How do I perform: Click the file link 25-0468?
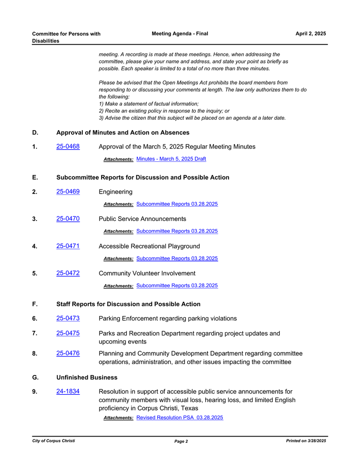(x=68, y=146)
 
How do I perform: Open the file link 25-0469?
(x=68, y=192)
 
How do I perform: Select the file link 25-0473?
(x=68, y=318)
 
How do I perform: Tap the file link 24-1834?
(x=68, y=392)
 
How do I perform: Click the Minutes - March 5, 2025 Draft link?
(x=171, y=159)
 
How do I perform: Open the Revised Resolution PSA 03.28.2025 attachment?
(x=180, y=418)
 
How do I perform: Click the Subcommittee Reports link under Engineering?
(x=177, y=204)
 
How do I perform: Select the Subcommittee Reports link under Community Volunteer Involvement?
(x=177, y=285)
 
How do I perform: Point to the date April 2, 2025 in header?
(x=310, y=34)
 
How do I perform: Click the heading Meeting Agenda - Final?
(x=180, y=34)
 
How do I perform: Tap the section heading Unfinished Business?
(x=87, y=377)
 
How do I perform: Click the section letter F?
(x=35, y=304)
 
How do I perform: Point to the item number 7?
(x=35, y=334)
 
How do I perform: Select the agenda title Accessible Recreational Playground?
(x=149, y=246)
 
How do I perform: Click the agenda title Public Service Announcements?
(x=142, y=219)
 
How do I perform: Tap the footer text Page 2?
(x=181, y=442)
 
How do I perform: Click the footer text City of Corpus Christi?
(x=54, y=441)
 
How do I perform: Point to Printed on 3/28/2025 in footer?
(x=306, y=441)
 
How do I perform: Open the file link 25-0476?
(x=68, y=353)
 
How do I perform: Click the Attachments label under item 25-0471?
(x=118, y=259)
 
